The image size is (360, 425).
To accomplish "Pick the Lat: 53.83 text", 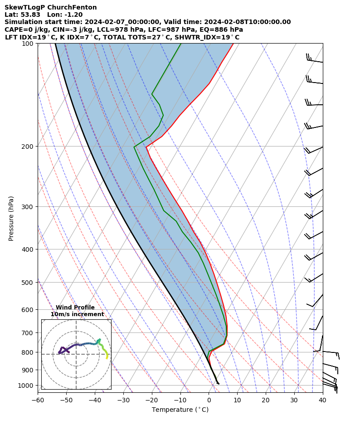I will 22,15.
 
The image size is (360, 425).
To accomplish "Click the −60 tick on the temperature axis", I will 38,400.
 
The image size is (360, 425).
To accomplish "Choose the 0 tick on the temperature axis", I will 209,400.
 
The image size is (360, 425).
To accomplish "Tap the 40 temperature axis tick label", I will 322,400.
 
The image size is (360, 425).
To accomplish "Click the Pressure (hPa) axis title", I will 11,218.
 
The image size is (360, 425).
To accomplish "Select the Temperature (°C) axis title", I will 180,410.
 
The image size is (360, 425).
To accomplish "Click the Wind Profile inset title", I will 75,308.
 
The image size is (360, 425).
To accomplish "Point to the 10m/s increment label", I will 77,314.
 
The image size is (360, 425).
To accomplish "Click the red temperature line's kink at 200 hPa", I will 146,147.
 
